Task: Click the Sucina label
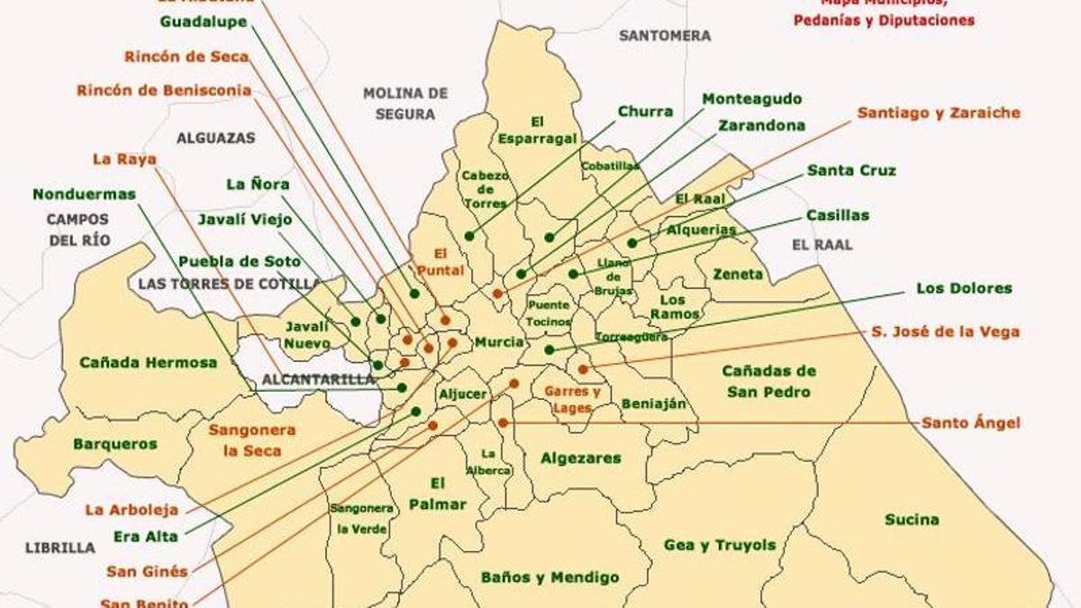pyautogui.click(x=912, y=520)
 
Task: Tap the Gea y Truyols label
pyautogui.click(x=719, y=545)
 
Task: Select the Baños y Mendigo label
pyautogui.click(x=550, y=577)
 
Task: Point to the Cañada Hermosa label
pyautogui.click(x=149, y=362)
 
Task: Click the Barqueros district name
pyautogui.click(x=115, y=444)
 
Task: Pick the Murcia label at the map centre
pyautogui.click(x=499, y=342)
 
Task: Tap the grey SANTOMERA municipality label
pyautogui.click(x=665, y=36)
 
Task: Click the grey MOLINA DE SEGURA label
pyautogui.click(x=405, y=104)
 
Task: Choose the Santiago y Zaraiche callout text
pyautogui.click(x=939, y=113)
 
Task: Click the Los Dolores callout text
pyautogui.click(x=964, y=288)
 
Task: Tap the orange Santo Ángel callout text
pyautogui.click(x=971, y=422)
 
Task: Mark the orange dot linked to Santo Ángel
pyautogui.click(x=503, y=422)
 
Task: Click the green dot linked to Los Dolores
pyautogui.click(x=550, y=349)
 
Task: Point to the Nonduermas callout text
pyautogui.click(x=84, y=194)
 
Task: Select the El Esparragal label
pyautogui.click(x=537, y=131)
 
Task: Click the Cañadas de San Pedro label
pyautogui.click(x=768, y=381)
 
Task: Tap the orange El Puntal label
pyautogui.click(x=440, y=262)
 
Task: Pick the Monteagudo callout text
pyautogui.click(x=752, y=98)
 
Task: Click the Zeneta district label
pyautogui.click(x=738, y=274)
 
